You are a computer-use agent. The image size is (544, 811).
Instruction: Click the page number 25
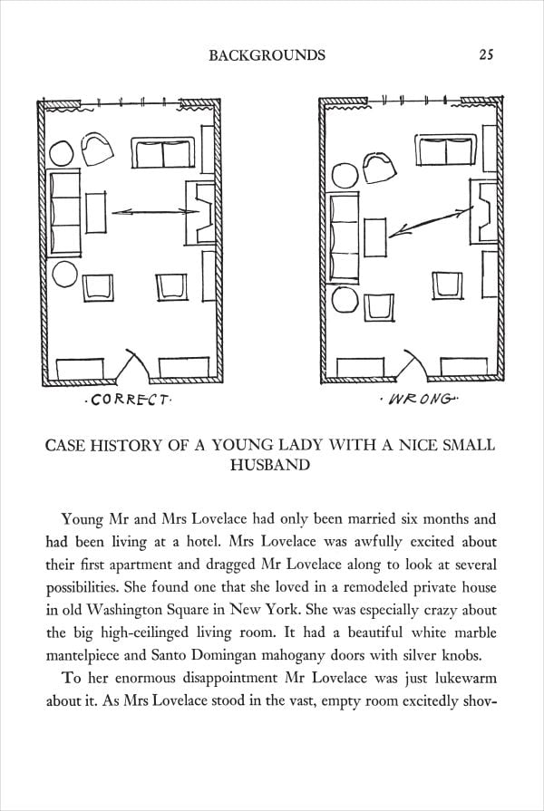tap(485, 55)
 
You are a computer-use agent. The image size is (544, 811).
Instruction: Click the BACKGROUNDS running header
tap(267, 55)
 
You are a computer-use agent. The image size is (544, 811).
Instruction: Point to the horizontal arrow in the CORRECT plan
tap(154, 212)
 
